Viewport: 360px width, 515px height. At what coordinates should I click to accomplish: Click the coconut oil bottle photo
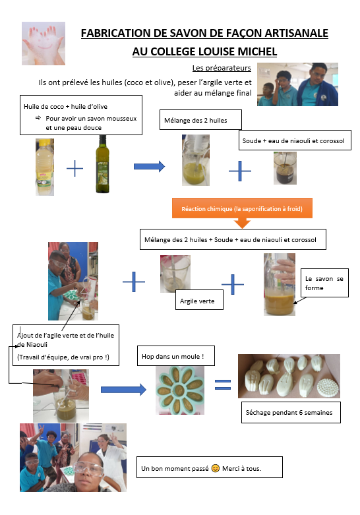[x=45, y=167]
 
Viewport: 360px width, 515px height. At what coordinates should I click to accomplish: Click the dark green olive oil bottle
[x=102, y=164]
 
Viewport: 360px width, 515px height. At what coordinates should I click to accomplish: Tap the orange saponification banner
[x=242, y=209]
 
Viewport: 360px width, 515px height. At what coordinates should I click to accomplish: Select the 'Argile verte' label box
[x=199, y=299]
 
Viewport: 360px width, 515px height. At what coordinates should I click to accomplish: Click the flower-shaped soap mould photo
[x=180, y=390]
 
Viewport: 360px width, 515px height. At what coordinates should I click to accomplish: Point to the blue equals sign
[x=223, y=384]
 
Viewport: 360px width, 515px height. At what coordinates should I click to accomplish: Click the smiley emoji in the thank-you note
[x=215, y=468]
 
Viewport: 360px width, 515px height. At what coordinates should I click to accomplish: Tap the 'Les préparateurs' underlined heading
[x=222, y=68]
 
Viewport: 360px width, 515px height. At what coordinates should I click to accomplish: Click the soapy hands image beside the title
[x=44, y=44]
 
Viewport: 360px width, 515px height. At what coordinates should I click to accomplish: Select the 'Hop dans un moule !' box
[x=176, y=355]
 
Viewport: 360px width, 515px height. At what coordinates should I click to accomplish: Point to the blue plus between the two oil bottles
[x=75, y=169]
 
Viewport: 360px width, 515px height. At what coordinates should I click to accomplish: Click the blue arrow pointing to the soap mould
[x=123, y=390]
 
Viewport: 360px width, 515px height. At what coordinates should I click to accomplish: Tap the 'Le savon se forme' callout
[x=324, y=283]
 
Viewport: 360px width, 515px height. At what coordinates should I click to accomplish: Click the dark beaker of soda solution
[x=285, y=168]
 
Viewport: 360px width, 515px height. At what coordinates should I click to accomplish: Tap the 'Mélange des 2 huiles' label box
[x=200, y=120]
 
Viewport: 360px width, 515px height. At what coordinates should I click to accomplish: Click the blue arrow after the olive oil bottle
[x=149, y=167]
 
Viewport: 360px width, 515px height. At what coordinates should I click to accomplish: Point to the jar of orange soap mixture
[x=280, y=284]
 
